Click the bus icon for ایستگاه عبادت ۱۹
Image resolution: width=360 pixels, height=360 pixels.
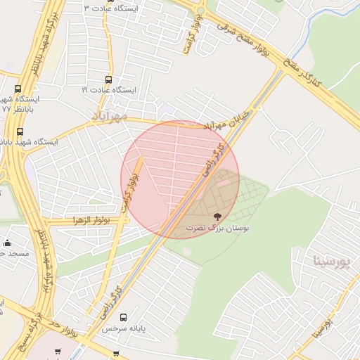click(108, 80)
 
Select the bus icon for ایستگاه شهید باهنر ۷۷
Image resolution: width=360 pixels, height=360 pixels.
click(18, 89)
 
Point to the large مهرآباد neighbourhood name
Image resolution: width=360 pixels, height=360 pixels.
click(109, 113)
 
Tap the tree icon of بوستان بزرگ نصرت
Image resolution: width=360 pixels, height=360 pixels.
click(215, 216)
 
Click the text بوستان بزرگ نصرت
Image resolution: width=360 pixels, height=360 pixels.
click(217, 228)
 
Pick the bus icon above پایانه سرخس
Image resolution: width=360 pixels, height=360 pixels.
click(124, 318)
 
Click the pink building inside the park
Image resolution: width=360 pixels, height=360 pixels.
click(224, 180)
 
